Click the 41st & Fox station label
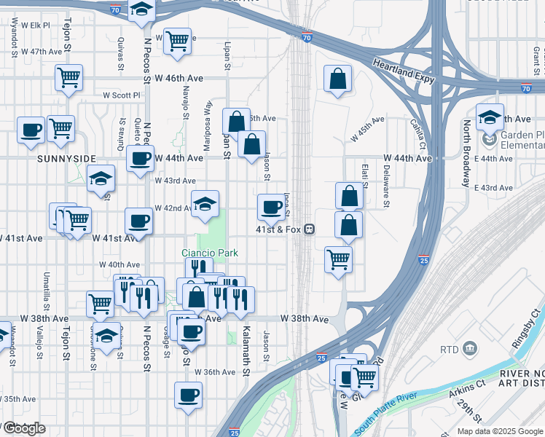coord(278,229)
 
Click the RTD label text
coord(450,350)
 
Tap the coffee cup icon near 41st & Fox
coord(271,207)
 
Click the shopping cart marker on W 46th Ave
coord(69,76)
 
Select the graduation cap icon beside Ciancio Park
coord(205,204)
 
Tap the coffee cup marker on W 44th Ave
coord(140,158)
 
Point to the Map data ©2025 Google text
coord(500,431)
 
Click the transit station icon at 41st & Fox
coord(310,229)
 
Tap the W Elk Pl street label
coord(35,25)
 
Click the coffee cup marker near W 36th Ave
coord(188,395)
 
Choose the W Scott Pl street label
coord(122,95)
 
